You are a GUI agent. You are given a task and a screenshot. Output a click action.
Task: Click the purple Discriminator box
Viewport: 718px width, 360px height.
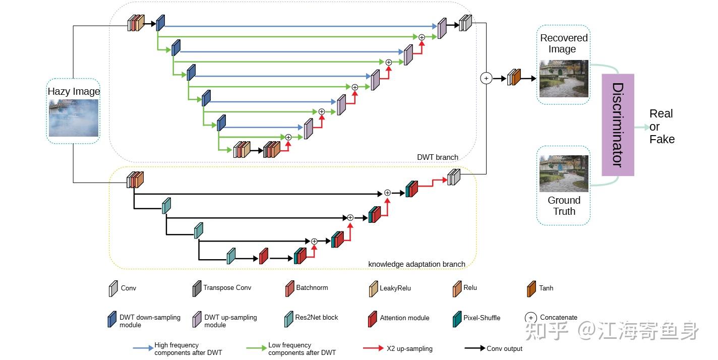coord(618,125)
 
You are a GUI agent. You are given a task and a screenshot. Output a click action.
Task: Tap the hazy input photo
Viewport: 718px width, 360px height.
coord(74,118)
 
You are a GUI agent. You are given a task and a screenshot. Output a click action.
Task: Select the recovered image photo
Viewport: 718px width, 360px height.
coord(564,79)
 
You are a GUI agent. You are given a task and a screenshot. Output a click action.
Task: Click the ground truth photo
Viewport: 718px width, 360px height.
coord(564,173)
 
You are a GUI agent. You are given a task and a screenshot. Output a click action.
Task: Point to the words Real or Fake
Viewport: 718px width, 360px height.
coord(662,127)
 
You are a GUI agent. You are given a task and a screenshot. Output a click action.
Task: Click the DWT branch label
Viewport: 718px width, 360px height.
coord(438,157)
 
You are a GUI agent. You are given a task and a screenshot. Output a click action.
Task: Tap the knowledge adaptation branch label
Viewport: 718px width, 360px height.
coord(416,264)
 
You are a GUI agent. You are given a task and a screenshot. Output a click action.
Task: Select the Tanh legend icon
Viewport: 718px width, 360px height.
coord(531,289)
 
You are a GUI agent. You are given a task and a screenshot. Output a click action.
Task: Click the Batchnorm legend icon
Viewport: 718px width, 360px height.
coord(289,288)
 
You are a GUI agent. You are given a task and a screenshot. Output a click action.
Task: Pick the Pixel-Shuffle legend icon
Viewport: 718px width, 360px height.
coord(457,319)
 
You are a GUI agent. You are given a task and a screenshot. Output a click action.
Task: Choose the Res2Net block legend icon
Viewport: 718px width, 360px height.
coord(288,319)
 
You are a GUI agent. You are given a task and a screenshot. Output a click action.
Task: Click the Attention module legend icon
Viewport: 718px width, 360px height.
coord(373,319)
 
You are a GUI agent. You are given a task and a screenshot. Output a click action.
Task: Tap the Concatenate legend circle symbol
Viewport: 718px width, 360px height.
coord(531,318)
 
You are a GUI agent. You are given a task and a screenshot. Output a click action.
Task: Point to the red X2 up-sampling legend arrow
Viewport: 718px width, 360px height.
coord(373,348)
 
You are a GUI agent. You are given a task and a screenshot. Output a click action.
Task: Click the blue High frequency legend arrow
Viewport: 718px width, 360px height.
coord(143,348)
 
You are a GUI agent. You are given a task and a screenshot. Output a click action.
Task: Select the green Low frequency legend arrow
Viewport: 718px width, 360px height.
coord(257,348)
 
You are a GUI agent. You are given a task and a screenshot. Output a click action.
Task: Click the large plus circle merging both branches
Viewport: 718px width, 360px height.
coord(486,78)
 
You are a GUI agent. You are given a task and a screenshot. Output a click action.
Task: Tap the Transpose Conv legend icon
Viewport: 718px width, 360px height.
coord(197,288)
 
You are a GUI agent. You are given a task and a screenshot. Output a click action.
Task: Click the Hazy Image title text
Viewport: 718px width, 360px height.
coord(74,91)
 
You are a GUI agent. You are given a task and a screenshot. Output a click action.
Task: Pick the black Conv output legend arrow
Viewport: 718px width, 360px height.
coord(474,348)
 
